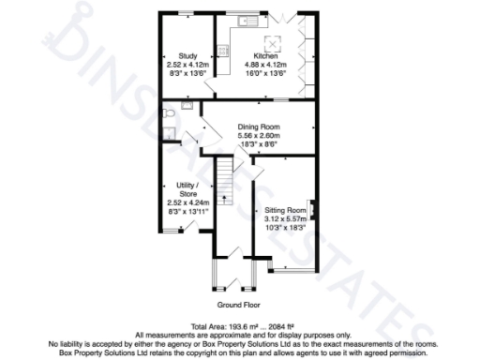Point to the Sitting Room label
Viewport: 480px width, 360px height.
(285, 210)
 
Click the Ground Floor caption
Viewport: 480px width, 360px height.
(239, 306)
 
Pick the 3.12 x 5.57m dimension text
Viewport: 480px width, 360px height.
(285, 219)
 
